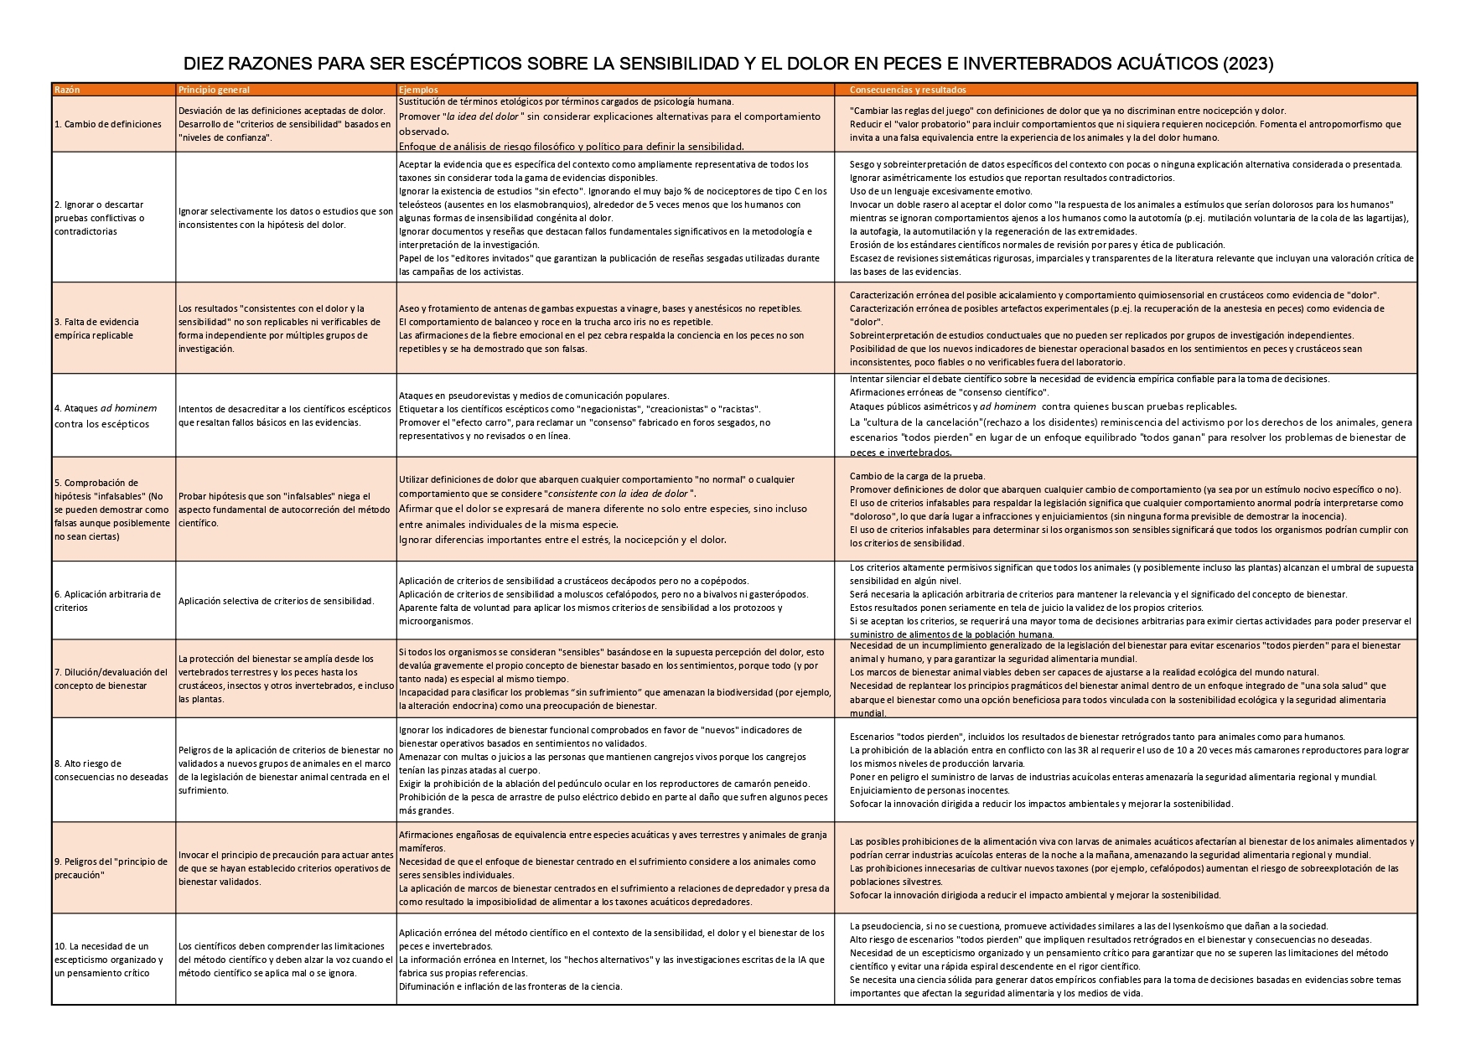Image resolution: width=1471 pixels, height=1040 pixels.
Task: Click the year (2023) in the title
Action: pyautogui.click(x=1248, y=64)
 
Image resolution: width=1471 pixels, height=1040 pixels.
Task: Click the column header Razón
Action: pyautogui.click(x=67, y=90)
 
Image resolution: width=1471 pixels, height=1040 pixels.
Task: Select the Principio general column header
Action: pyautogui.click(x=214, y=90)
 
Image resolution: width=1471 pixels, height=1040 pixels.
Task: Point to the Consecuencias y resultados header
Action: pyautogui.click(x=908, y=90)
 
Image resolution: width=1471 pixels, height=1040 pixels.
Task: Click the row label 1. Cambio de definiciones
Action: pyautogui.click(x=108, y=124)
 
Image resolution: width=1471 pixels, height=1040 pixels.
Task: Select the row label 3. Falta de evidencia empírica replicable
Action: pyautogui.click(x=96, y=329)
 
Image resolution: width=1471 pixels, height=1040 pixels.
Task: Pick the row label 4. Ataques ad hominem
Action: pyautogui.click(x=106, y=416)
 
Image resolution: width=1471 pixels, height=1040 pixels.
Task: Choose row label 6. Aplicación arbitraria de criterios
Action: pyautogui.click(x=107, y=601)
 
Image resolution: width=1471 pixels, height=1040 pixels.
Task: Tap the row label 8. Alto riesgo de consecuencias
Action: pyautogui.click(x=111, y=770)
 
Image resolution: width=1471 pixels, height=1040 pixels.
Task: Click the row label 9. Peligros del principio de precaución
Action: pyautogui.click(x=111, y=867)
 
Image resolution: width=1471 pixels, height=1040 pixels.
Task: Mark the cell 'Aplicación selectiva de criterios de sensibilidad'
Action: pyautogui.click(x=276, y=601)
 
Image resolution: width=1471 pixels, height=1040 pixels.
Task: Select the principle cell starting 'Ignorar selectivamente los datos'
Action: pyautogui.click(x=285, y=218)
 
